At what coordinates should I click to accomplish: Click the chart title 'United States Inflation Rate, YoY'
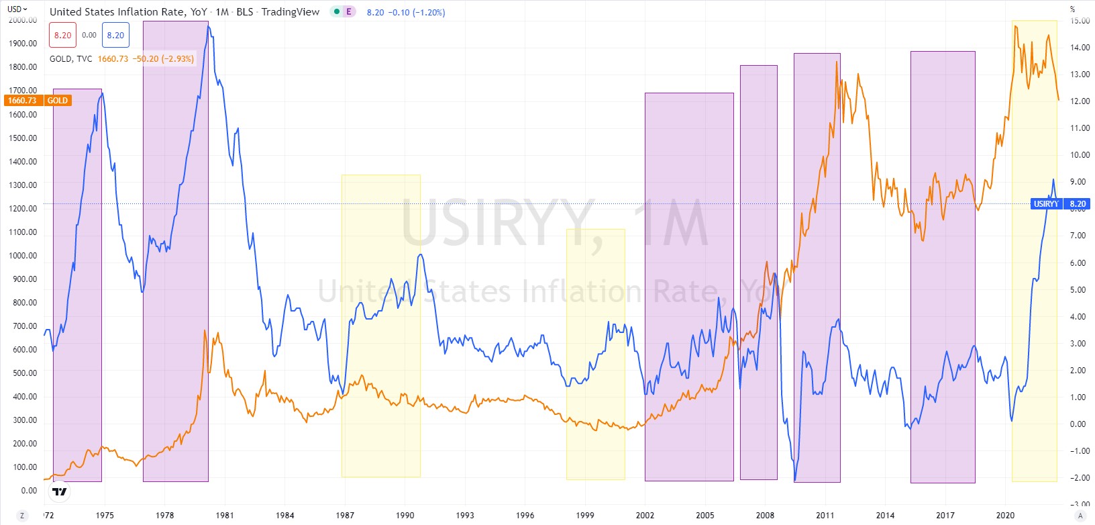pos(128,12)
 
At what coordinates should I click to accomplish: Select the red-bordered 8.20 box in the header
pos(62,36)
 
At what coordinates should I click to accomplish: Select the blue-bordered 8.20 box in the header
pos(115,36)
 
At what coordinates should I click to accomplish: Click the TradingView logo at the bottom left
pos(60,491)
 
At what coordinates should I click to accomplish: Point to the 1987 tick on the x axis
pos(345,516)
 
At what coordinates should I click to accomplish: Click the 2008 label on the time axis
pos(765,516)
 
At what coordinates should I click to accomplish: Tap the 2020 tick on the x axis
pos(1005,516)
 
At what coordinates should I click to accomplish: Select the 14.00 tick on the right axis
pos(1080,48)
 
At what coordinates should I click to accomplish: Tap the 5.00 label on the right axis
pos(1078,290)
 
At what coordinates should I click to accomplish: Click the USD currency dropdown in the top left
pos(17,9)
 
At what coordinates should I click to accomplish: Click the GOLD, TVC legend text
pos(70,59)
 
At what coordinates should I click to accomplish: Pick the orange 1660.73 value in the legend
pos(113,59)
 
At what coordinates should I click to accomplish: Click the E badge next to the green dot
pos(349,12)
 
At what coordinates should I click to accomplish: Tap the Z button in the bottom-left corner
pos(22,516)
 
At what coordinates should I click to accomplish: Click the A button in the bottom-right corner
pos(1080,516)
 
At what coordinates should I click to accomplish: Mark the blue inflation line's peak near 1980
pos(209,27)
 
